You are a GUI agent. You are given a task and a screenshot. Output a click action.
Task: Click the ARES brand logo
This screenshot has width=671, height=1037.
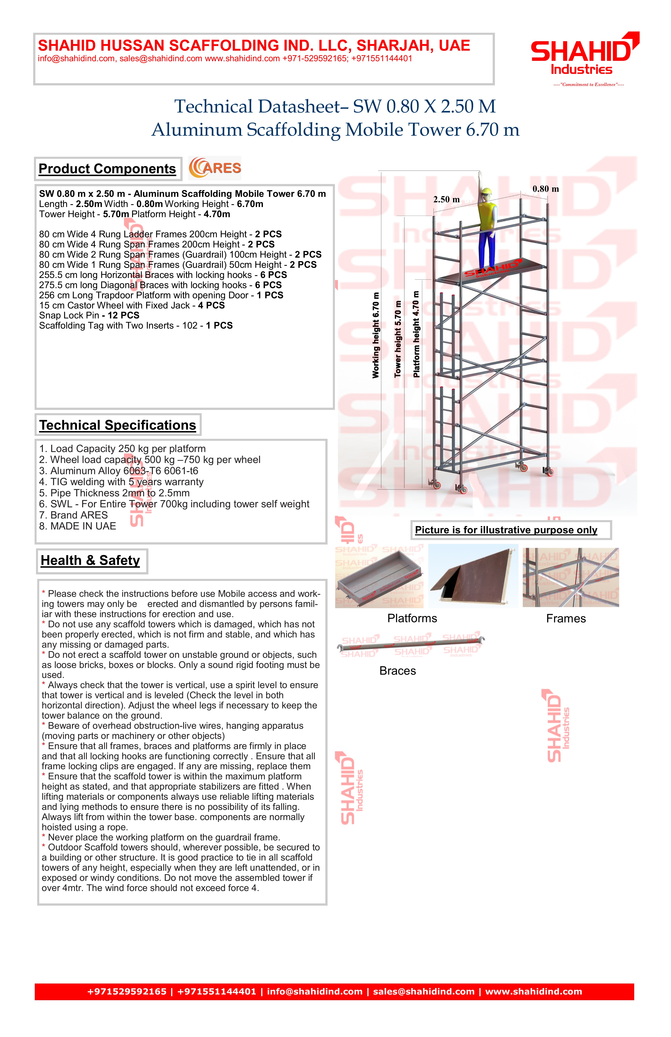click(215, 168)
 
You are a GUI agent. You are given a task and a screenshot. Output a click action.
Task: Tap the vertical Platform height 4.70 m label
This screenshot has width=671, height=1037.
click(416, 334)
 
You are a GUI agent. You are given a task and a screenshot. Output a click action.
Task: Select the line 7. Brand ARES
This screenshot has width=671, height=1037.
click(73, 515)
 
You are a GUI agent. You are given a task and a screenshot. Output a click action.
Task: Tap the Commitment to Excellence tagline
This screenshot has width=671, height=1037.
click(588, 85)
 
